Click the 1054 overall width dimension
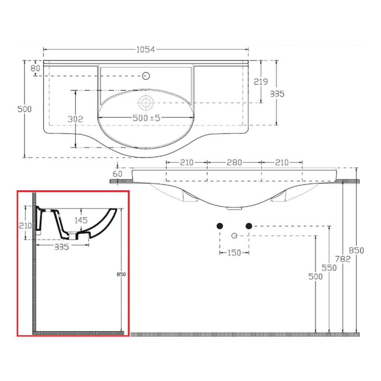click(145, 49)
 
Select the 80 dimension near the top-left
click(35, 68)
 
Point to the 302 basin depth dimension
click(76, 119)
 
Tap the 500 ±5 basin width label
click(147, 118)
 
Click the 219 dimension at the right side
click(261, 81)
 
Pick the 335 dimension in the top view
click(277, 93)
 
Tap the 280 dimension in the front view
click(234, 162)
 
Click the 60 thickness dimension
click(118, 173)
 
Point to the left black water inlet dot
click(220, 225)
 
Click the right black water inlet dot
click(249, 225)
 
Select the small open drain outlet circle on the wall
click(234, 235)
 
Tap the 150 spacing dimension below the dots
click(234, 253)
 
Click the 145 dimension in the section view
click(81, 220)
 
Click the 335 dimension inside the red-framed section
click(61, 247)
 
